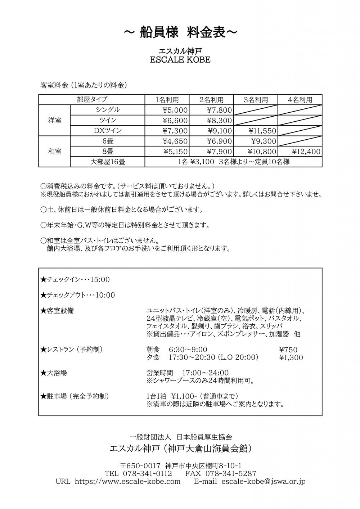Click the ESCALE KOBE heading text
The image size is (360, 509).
[180, 60]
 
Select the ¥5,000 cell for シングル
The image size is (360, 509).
[175, 110]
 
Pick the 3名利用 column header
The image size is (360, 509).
[256, 100]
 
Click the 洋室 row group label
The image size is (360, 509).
[55, 120]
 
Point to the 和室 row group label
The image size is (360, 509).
[55, 152]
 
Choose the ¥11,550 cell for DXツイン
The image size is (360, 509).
[262, 131]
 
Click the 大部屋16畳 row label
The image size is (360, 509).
[108, 162]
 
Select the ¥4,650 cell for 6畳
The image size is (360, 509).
[175, 141]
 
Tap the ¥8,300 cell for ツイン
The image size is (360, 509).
[219, 121]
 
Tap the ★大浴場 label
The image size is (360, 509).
[54, 373]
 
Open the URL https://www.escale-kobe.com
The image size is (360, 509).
[127, 481]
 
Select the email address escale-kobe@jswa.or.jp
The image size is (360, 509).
[263, 481]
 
